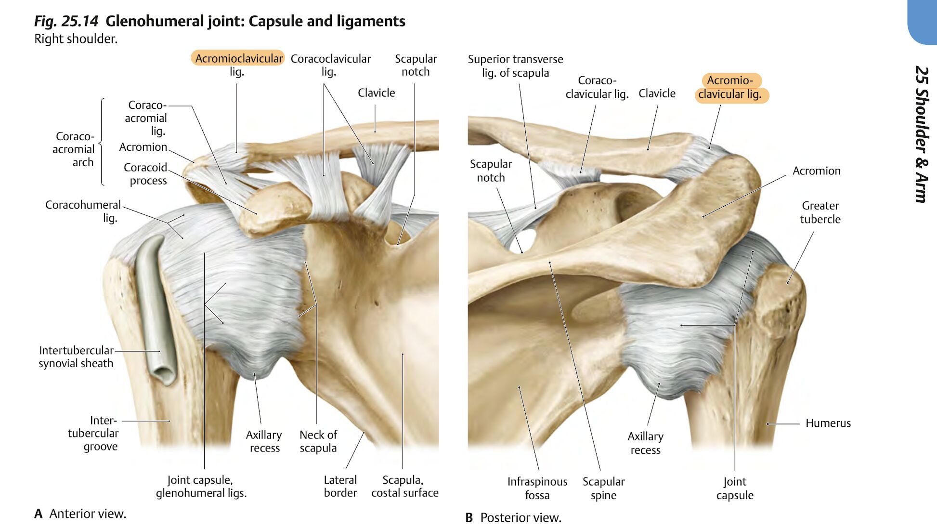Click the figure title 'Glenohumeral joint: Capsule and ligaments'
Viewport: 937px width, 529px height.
pyautogui.click(x=255, y=21)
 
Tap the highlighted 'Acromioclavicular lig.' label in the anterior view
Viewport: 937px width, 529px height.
pyautogui.click(x=238, y=65)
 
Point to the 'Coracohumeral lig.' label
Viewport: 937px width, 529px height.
pyautogui.click(x=83, y=211)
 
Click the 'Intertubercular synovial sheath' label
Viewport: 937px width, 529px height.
pyautogui.click(x=76, y=357)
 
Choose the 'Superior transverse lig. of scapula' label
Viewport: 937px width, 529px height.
pyautogui.click(x=515, y=66)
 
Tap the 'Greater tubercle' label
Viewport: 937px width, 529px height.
pyautogui.click(x=820, y=212)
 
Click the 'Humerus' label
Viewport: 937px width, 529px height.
pyautogui.click(x=828, y=423)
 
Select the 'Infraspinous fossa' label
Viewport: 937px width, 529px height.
pyautogui.click(x=537, y=488)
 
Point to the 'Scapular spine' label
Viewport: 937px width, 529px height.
pyautogui.click(x=603, y=488)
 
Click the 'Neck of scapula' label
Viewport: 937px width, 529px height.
pyautogui.click(x=318, y=441)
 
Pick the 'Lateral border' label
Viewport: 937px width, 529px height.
pyautogui.click(x=340, y=486)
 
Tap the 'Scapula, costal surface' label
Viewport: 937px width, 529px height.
pyautogui.click(x=404, y=486)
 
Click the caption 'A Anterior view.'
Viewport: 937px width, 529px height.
pyautogui.click(x=80, y=514)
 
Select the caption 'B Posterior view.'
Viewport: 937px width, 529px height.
pyautogui.click(x=513, y=517)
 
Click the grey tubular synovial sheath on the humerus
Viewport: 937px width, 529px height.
pyautogui.click(x=156, y=308)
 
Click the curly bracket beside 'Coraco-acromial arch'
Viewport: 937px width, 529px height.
pyautogui.click(x=102, y=142)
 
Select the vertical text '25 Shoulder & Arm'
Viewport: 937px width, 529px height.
pyautogui.click(x=922, y=134)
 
